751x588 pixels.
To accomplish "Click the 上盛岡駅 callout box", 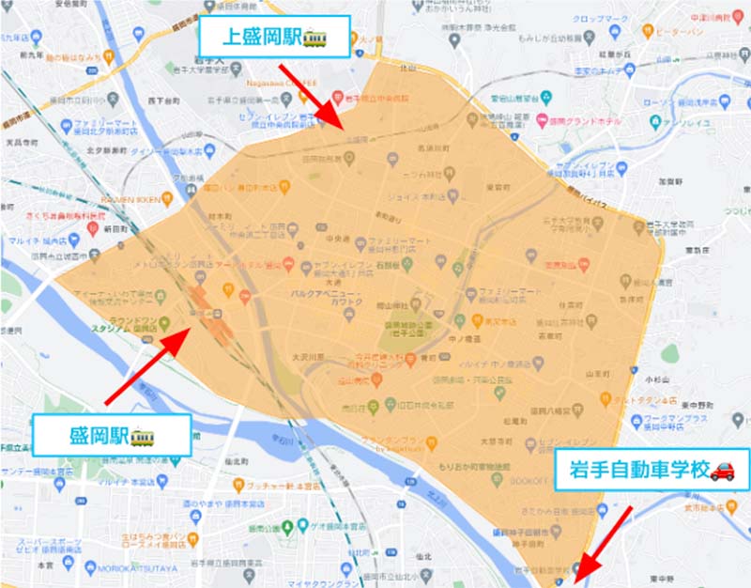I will click(274, 38).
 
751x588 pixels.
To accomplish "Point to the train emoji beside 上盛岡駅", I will click(314, 38).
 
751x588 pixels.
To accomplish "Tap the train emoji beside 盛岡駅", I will click(142, 436).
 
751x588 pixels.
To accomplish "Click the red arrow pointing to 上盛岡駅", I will click(310, 94).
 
